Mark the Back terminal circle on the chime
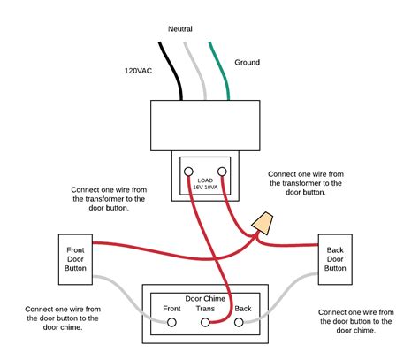(x=238, y=324)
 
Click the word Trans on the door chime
(x=206, y=309)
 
